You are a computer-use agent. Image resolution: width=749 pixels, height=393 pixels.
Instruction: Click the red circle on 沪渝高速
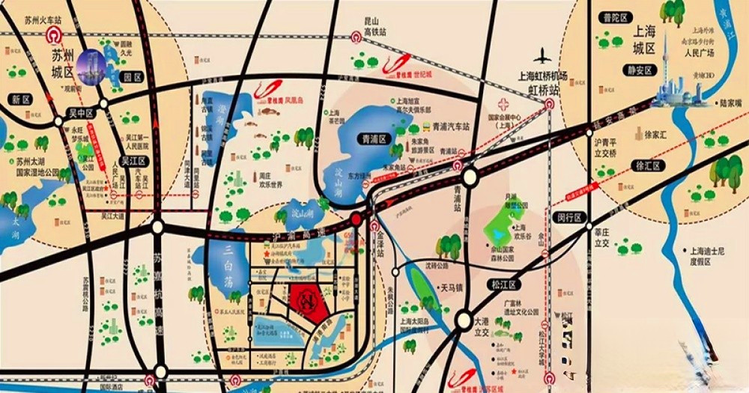click(357, 219)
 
